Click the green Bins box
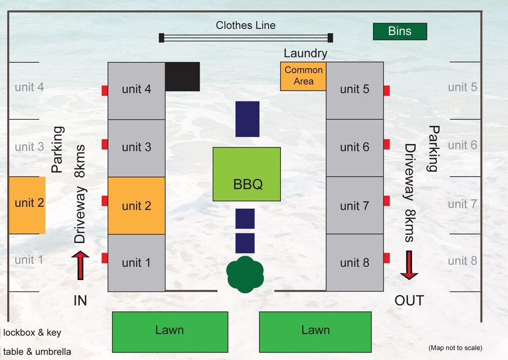(400, 31)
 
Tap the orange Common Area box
(303, 76)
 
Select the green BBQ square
(246, 174)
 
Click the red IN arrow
(80, 265)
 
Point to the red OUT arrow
(409, 265)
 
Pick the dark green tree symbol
(245, 275)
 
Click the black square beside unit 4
(182, 76)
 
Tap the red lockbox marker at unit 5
(387, 91)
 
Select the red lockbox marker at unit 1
(105, 258)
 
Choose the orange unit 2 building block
(137, 205)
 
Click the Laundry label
(305, 53)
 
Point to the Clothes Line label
(245, 25)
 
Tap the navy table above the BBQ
(247, 119)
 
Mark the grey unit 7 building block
(354, 205)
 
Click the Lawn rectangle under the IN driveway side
(170, 332)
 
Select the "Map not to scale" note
(455, 348)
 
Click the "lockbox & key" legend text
(32, 333)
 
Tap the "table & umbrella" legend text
(37, 351)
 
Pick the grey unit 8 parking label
(462, 261)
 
